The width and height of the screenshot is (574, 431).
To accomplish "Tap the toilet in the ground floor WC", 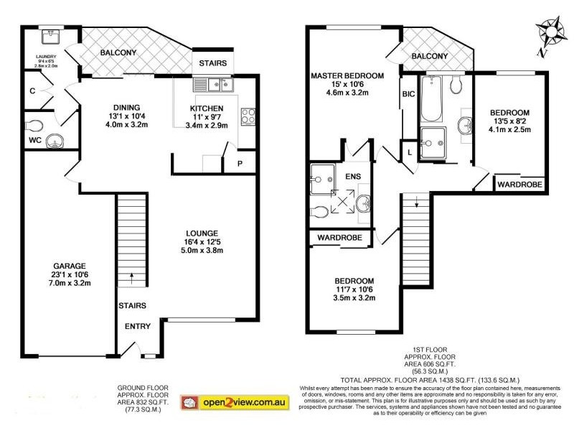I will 35,124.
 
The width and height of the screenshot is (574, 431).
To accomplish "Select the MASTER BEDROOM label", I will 347,75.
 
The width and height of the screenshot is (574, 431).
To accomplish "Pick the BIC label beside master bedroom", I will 408,94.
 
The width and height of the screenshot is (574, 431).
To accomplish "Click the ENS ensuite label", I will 353,175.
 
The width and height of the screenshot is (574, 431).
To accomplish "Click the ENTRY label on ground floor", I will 138,327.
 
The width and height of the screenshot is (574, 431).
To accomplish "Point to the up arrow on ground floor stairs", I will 132,275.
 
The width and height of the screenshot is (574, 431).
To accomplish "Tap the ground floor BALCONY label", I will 118,53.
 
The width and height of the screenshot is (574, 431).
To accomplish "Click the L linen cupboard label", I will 409,152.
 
